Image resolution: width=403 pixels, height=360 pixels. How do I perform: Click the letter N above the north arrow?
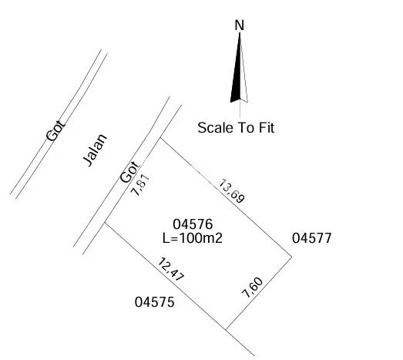(x=240, y=25)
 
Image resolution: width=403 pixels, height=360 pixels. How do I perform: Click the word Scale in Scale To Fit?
(x=215, y=128)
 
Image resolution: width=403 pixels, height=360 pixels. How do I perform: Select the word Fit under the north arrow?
(x=267, y=128)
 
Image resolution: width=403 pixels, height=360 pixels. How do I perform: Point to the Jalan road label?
(x=95, y=150)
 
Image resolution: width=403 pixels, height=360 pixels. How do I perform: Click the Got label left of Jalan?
(x=55, y=130)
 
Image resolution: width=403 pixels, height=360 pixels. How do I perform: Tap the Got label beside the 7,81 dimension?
(x=129, y=172)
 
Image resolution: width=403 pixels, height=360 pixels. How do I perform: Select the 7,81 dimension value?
(x=140, y=186)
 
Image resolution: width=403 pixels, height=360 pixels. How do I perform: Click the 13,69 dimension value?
(x=231, y=191)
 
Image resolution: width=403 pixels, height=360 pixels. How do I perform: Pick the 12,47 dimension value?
(x=170, y=270)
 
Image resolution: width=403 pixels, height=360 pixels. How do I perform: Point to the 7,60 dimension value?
(x=253, y=288)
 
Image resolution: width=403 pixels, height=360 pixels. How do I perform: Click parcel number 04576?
(x=193, y=224)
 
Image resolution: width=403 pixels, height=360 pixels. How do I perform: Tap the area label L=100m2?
(x=193, y=238)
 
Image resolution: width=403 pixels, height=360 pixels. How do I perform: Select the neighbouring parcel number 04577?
(x=312, y=238)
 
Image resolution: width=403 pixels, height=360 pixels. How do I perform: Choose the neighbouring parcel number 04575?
(x=154, y=302)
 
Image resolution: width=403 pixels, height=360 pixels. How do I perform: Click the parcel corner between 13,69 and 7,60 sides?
(x=291, y=257)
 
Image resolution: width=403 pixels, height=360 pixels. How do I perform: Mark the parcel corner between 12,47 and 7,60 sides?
(x=226, y=329)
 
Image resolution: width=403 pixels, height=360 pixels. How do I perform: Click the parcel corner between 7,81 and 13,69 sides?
(x=160, y=138)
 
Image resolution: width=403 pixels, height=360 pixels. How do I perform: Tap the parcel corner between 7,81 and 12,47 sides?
(x=104, y=223)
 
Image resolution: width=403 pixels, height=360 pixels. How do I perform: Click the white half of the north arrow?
(x=243, y=77)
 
